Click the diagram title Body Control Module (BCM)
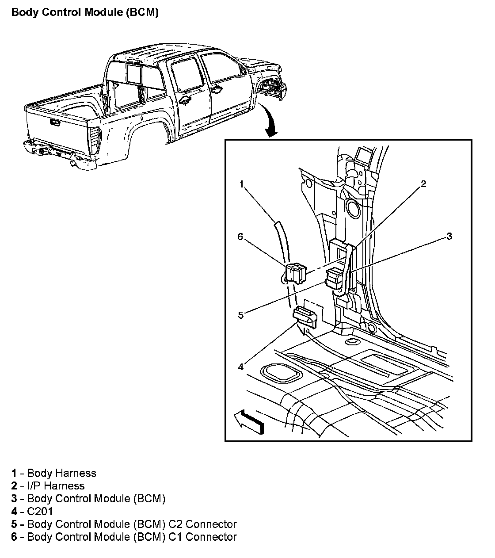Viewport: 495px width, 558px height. (85, 13)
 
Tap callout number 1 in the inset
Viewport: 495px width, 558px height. (241, 184)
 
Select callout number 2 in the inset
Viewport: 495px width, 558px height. (423, 183)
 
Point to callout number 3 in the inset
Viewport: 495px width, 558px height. (449, 236)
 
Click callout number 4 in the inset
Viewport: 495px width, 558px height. (241, 367)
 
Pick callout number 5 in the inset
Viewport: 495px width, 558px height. (241, 315)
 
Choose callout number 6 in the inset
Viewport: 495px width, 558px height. (240, 237)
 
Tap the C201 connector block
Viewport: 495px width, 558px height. (305, 317)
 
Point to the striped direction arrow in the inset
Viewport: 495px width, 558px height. (249, 423)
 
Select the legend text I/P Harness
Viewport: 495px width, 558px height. (56, 486)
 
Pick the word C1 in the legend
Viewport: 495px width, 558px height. (175, 537)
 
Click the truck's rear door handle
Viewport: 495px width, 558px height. (185, 101)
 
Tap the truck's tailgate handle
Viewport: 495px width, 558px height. (55, 122)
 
